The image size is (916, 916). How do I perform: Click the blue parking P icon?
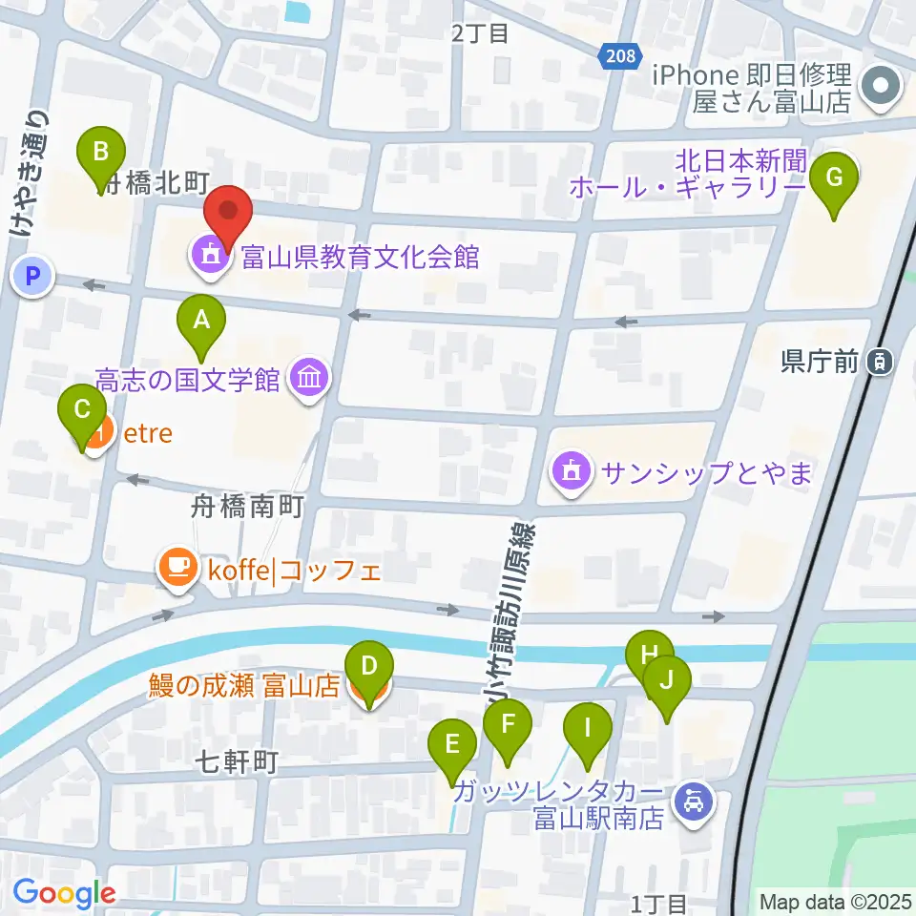pos(32,278)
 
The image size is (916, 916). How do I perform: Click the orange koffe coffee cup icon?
pos(177,571)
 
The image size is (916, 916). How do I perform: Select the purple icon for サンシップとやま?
pos(571,470)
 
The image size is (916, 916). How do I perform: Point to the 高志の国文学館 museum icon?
pos(310,380)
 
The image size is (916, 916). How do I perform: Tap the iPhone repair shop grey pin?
pos(879,88)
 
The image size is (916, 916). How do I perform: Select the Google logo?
pos(64,893)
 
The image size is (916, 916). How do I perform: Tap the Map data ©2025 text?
pos(836,901)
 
